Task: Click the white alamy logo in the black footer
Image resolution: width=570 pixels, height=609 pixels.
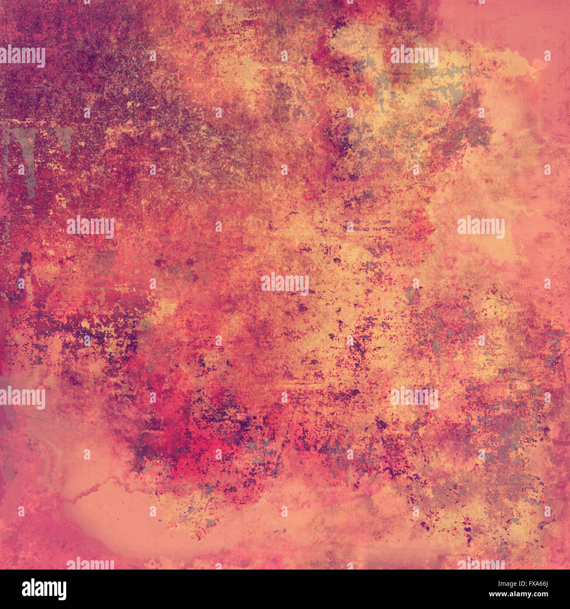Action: [44, 589]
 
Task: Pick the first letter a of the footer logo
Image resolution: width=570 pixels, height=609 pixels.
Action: [26, 590]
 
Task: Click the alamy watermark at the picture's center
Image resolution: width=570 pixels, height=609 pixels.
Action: [285, 283]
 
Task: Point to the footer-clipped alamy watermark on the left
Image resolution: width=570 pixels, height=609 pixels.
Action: [90, 564]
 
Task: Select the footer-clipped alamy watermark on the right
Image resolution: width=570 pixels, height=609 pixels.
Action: [481, 564]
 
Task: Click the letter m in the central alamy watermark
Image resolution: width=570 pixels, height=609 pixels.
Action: [291, 283]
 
